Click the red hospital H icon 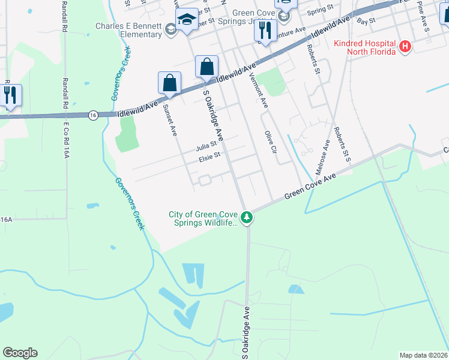405,46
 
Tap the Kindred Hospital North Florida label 365,47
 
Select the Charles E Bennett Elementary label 129,30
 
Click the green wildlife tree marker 247,217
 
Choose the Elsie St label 210,159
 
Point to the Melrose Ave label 323,155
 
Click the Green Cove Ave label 311,184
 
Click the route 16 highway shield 92,115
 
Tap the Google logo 20,353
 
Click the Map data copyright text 423,355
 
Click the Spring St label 320,11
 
